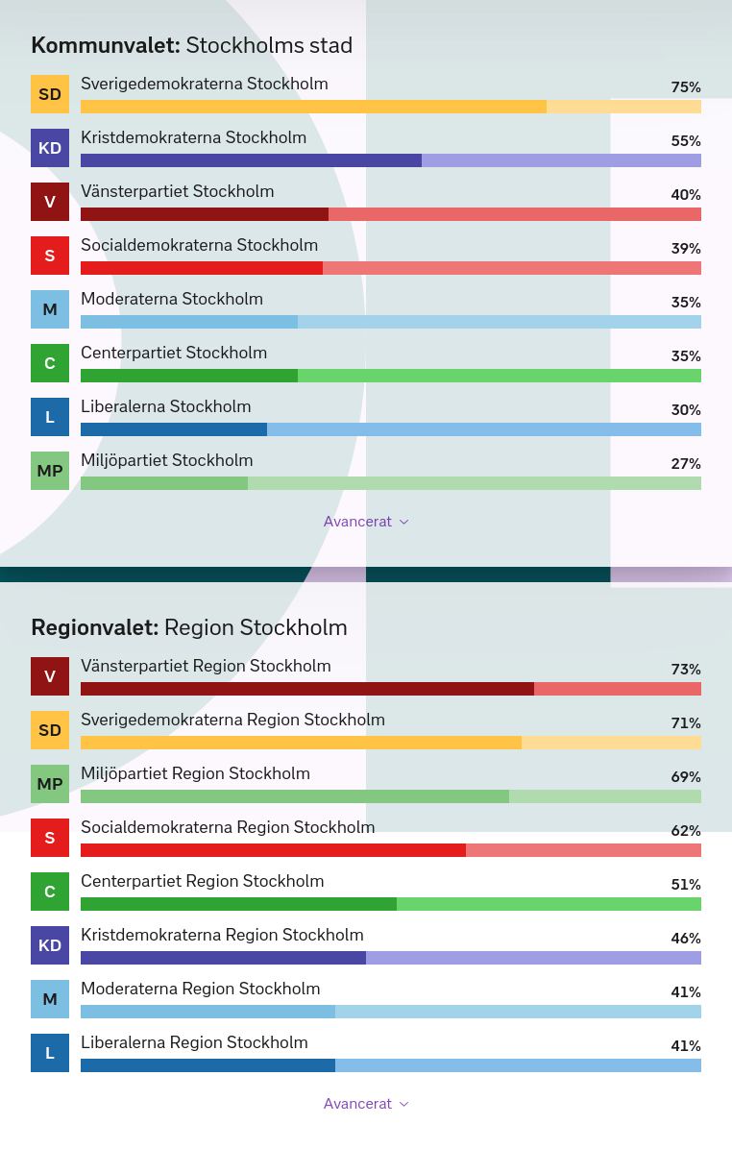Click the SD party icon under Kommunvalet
tap(50, 94)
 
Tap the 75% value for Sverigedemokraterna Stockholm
tap(686, 87)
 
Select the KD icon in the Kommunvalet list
tap(50, 148)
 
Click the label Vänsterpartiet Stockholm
tap(178, 191)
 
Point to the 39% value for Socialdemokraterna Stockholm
tap(686, 249)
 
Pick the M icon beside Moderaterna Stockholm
tap(50, 309)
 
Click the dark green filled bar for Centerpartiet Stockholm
tap(189, 376)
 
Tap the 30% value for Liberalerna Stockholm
tap(686, 409)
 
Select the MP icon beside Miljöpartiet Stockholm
tap(50, 471)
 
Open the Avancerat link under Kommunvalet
tap(366, 522)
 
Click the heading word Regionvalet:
tap(94, 628)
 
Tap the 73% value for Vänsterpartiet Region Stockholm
tap(686, 669)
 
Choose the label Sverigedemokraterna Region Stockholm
tap(233, 720)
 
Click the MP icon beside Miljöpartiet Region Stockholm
tap(50, 784)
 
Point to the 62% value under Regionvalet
tap(686, 830)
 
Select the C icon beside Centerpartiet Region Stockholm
tap(50, 892)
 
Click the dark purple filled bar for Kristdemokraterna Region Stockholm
tap(224, 958)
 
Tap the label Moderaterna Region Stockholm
tap(200, 989)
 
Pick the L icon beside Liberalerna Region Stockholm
tap(50, 1053)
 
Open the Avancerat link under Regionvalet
tap(366, 1104)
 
